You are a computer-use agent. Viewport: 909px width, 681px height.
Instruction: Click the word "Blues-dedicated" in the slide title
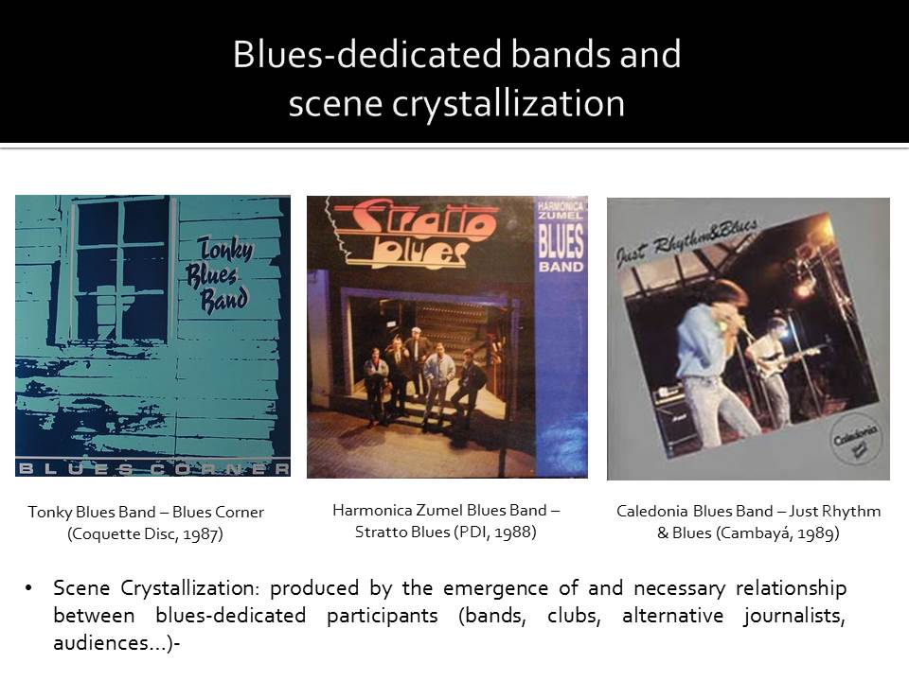pyautogui.click(x=367, y=54)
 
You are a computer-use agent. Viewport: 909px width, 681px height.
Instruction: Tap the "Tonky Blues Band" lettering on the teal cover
pyautogui.click(x=220, y=275)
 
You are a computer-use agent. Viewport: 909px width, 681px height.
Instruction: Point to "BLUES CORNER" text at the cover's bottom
pyautogui.click(x=153, y=468)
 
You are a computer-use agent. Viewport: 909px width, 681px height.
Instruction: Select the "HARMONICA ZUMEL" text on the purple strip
pyautogui.click(x=560, y=211)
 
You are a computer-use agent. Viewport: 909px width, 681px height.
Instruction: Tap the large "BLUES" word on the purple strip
pyautogui.click(x=561, y=241)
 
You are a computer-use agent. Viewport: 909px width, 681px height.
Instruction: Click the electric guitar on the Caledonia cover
pyautogui.click(x=790, y=359)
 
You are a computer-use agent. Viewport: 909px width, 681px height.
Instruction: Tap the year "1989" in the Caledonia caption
pyautogui.click(x=816, y=533)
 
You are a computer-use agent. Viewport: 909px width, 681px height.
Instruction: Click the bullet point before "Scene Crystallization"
pyautogui.click(x=28, y=589)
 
